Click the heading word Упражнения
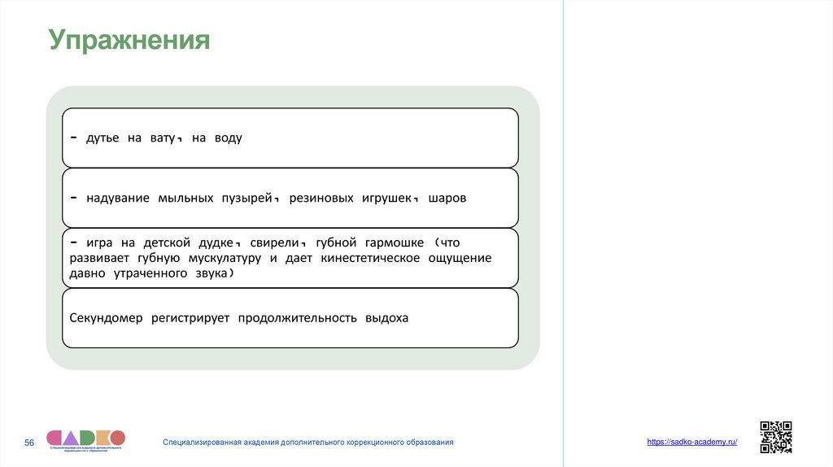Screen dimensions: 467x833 (x=129, y=40)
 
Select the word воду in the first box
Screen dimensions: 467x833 (x=229, y=138)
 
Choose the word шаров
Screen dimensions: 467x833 (x=447, y=199)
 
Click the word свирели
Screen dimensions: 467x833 (x=272, y=243)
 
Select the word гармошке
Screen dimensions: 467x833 (x=394, y=243)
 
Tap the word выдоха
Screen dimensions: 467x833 (x=387, y=318)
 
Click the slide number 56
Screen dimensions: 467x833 (x=29, y=442)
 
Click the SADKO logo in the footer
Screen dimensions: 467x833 (x=85, y=439)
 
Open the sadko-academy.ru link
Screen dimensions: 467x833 (x=691, y=441)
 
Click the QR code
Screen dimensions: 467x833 (x=775, y=436)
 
